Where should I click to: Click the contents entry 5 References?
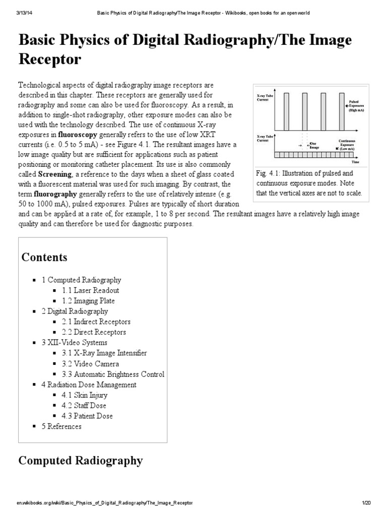(61, 426)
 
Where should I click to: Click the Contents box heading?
(44, 257)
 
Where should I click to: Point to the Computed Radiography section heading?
(81, 461)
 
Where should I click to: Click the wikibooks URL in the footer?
(104, 503)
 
